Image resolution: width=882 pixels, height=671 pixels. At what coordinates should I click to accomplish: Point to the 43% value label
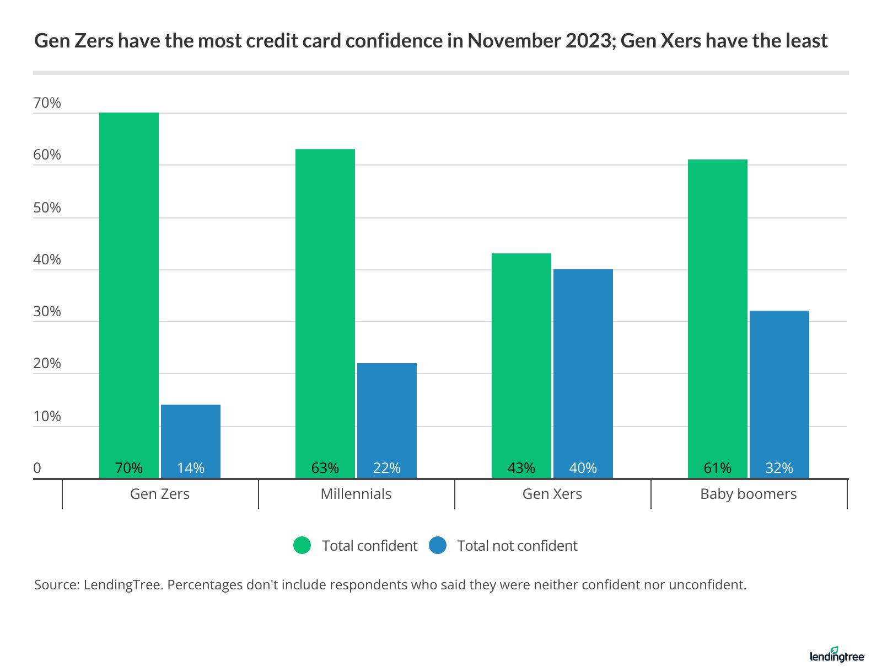[x=521, y=468]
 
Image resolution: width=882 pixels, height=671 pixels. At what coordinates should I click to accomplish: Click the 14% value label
[x=191, y=468]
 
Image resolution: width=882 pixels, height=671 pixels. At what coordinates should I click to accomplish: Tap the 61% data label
[x=718, y=468]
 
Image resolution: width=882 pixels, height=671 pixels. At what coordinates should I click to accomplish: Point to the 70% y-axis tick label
[x=47, y=103]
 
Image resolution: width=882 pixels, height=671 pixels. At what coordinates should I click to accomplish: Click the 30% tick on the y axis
[x=47, y=312]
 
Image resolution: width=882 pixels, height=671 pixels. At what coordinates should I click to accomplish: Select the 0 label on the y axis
[x=37, y=468]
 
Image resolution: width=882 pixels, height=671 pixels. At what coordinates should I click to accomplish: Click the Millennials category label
[x=356, y=494]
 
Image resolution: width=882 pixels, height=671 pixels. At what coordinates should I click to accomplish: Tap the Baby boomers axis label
[x=749, y=494]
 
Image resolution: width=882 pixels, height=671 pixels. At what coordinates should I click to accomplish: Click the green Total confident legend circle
[x=302, y=545]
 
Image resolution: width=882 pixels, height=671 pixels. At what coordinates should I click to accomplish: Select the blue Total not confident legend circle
[x=438, y=545]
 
